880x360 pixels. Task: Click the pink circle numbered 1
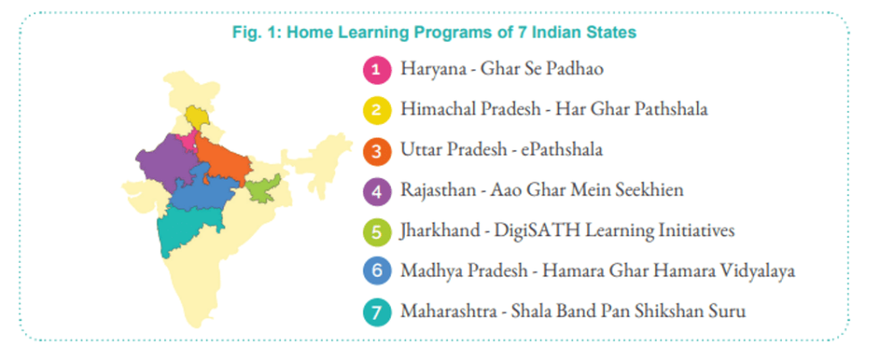376,70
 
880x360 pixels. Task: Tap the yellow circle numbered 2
376,110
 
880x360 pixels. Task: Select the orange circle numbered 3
376,151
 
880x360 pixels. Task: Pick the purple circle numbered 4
376,192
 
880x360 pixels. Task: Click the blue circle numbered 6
376,272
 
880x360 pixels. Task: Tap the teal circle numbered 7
376,313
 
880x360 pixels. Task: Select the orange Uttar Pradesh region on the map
222,160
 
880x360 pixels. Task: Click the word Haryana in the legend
426,70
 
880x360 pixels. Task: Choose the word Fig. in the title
245,33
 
